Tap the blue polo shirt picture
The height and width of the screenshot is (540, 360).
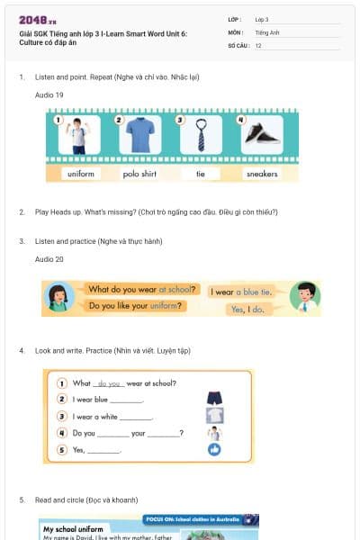coord(140,135)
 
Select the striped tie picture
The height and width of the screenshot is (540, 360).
coord(201,135)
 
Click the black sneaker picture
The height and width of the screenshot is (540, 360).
coord(261,135)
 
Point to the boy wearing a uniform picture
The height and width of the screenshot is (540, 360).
coord(79,135)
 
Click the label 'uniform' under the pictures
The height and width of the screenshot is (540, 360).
coord(81,174)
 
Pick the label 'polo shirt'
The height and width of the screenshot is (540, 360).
coord(140,174)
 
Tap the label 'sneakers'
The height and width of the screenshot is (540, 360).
coord(261,174)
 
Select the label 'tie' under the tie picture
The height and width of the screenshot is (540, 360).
coord(201,174)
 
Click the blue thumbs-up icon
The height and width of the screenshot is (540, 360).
coord(214,448)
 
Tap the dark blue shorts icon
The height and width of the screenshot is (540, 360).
coord(214,398)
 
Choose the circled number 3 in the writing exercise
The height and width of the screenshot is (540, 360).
coord(62,416)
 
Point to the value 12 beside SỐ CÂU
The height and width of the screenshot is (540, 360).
coord(258,45)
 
